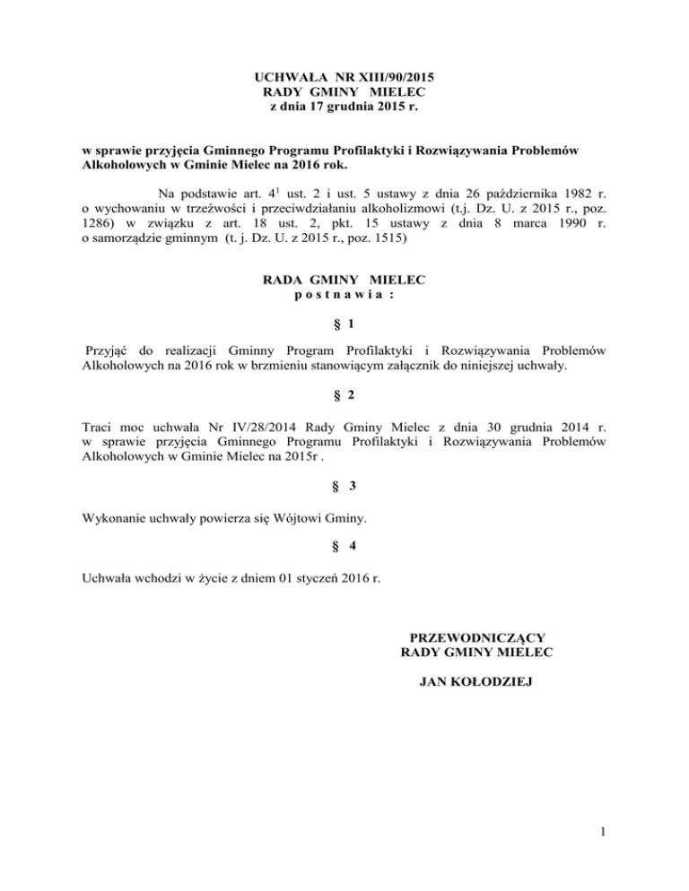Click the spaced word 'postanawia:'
[344, 296]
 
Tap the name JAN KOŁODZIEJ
[475, 684]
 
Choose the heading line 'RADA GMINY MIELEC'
[344, 281]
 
